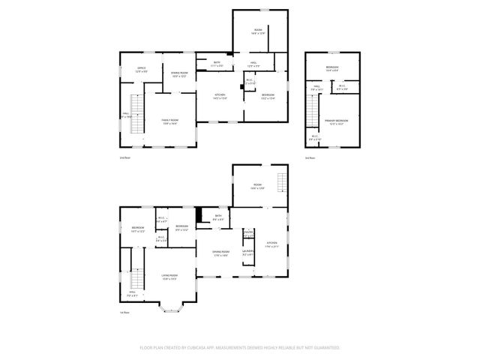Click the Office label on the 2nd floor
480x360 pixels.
(141, 70)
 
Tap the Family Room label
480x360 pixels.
(169, 121)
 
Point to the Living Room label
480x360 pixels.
(169, 277)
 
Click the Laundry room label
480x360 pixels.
(248, 252)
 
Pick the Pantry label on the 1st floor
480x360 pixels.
(248, 234)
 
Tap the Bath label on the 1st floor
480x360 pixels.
(218, 217)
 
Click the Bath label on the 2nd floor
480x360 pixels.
(217, 64)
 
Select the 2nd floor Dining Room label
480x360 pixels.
(179, 74)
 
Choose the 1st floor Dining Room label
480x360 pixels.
(220, 253)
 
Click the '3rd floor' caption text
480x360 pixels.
(310, 158)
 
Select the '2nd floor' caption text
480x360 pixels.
(125, 158)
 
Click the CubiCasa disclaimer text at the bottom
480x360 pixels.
(240, 348)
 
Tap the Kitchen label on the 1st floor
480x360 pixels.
(272, 244)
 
